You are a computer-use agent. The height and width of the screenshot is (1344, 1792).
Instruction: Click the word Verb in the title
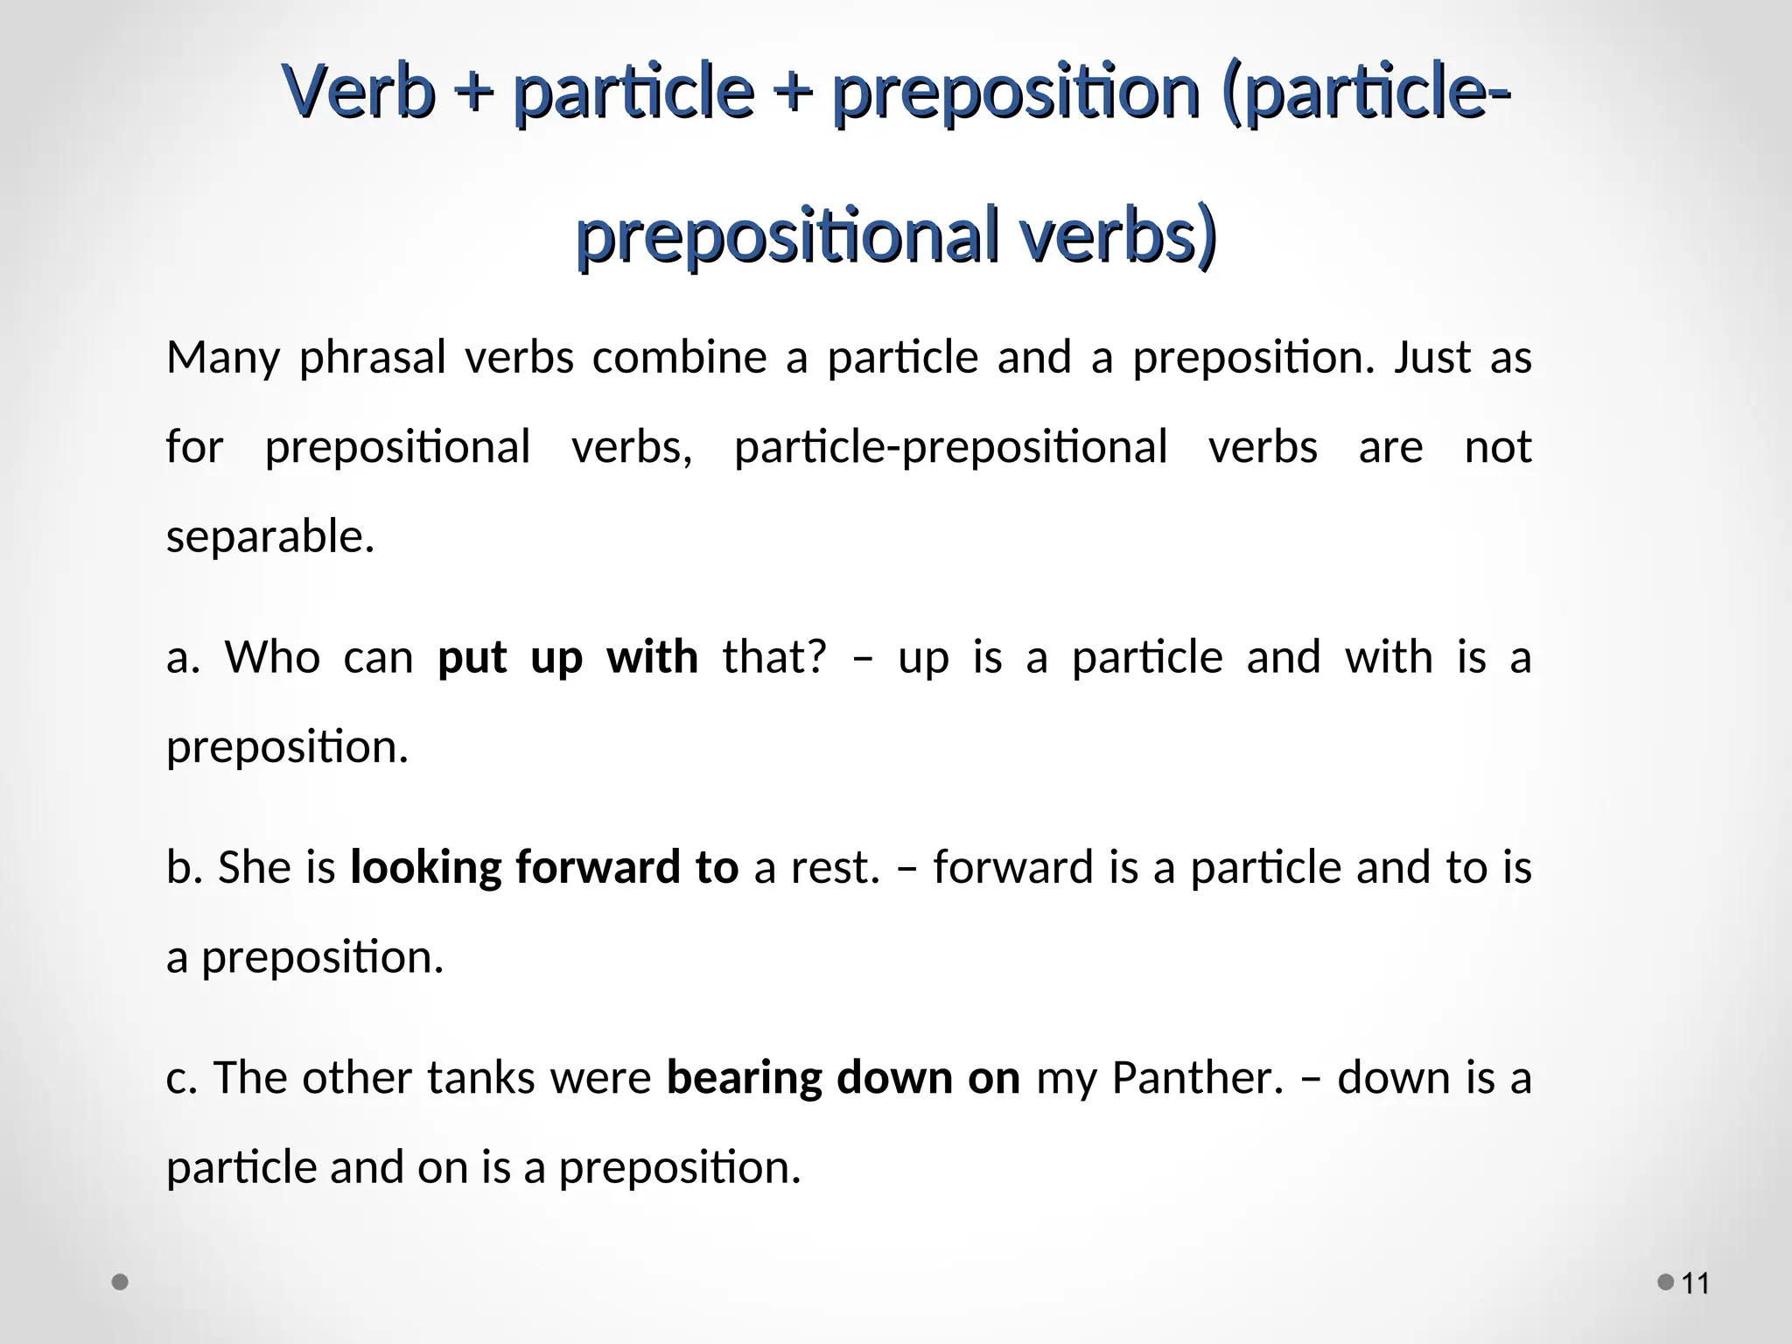(359, 92)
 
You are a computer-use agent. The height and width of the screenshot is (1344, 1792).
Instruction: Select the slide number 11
(1696, 1284)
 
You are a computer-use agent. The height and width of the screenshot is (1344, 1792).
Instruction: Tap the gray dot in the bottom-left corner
(121, 1283)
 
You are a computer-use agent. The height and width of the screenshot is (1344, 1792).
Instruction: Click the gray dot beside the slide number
(1666, 1283)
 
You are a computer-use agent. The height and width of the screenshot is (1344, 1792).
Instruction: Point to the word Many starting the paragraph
(223, 358)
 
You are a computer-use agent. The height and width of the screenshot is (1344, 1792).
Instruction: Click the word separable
(269, 536)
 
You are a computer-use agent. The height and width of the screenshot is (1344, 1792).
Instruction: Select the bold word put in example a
(472, 658)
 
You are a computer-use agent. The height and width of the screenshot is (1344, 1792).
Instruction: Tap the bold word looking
(425, 868)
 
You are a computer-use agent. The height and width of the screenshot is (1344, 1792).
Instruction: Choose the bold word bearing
(744, 1078)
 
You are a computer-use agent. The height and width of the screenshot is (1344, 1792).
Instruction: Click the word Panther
(1196, 1078)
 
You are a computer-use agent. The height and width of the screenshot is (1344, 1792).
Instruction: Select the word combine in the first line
(679, 358)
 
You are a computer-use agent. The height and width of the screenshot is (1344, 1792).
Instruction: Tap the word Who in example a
(272, 658)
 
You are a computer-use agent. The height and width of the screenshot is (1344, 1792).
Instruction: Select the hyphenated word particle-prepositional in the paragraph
(950, 447)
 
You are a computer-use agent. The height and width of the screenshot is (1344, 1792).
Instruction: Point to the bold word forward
(596, 868)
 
